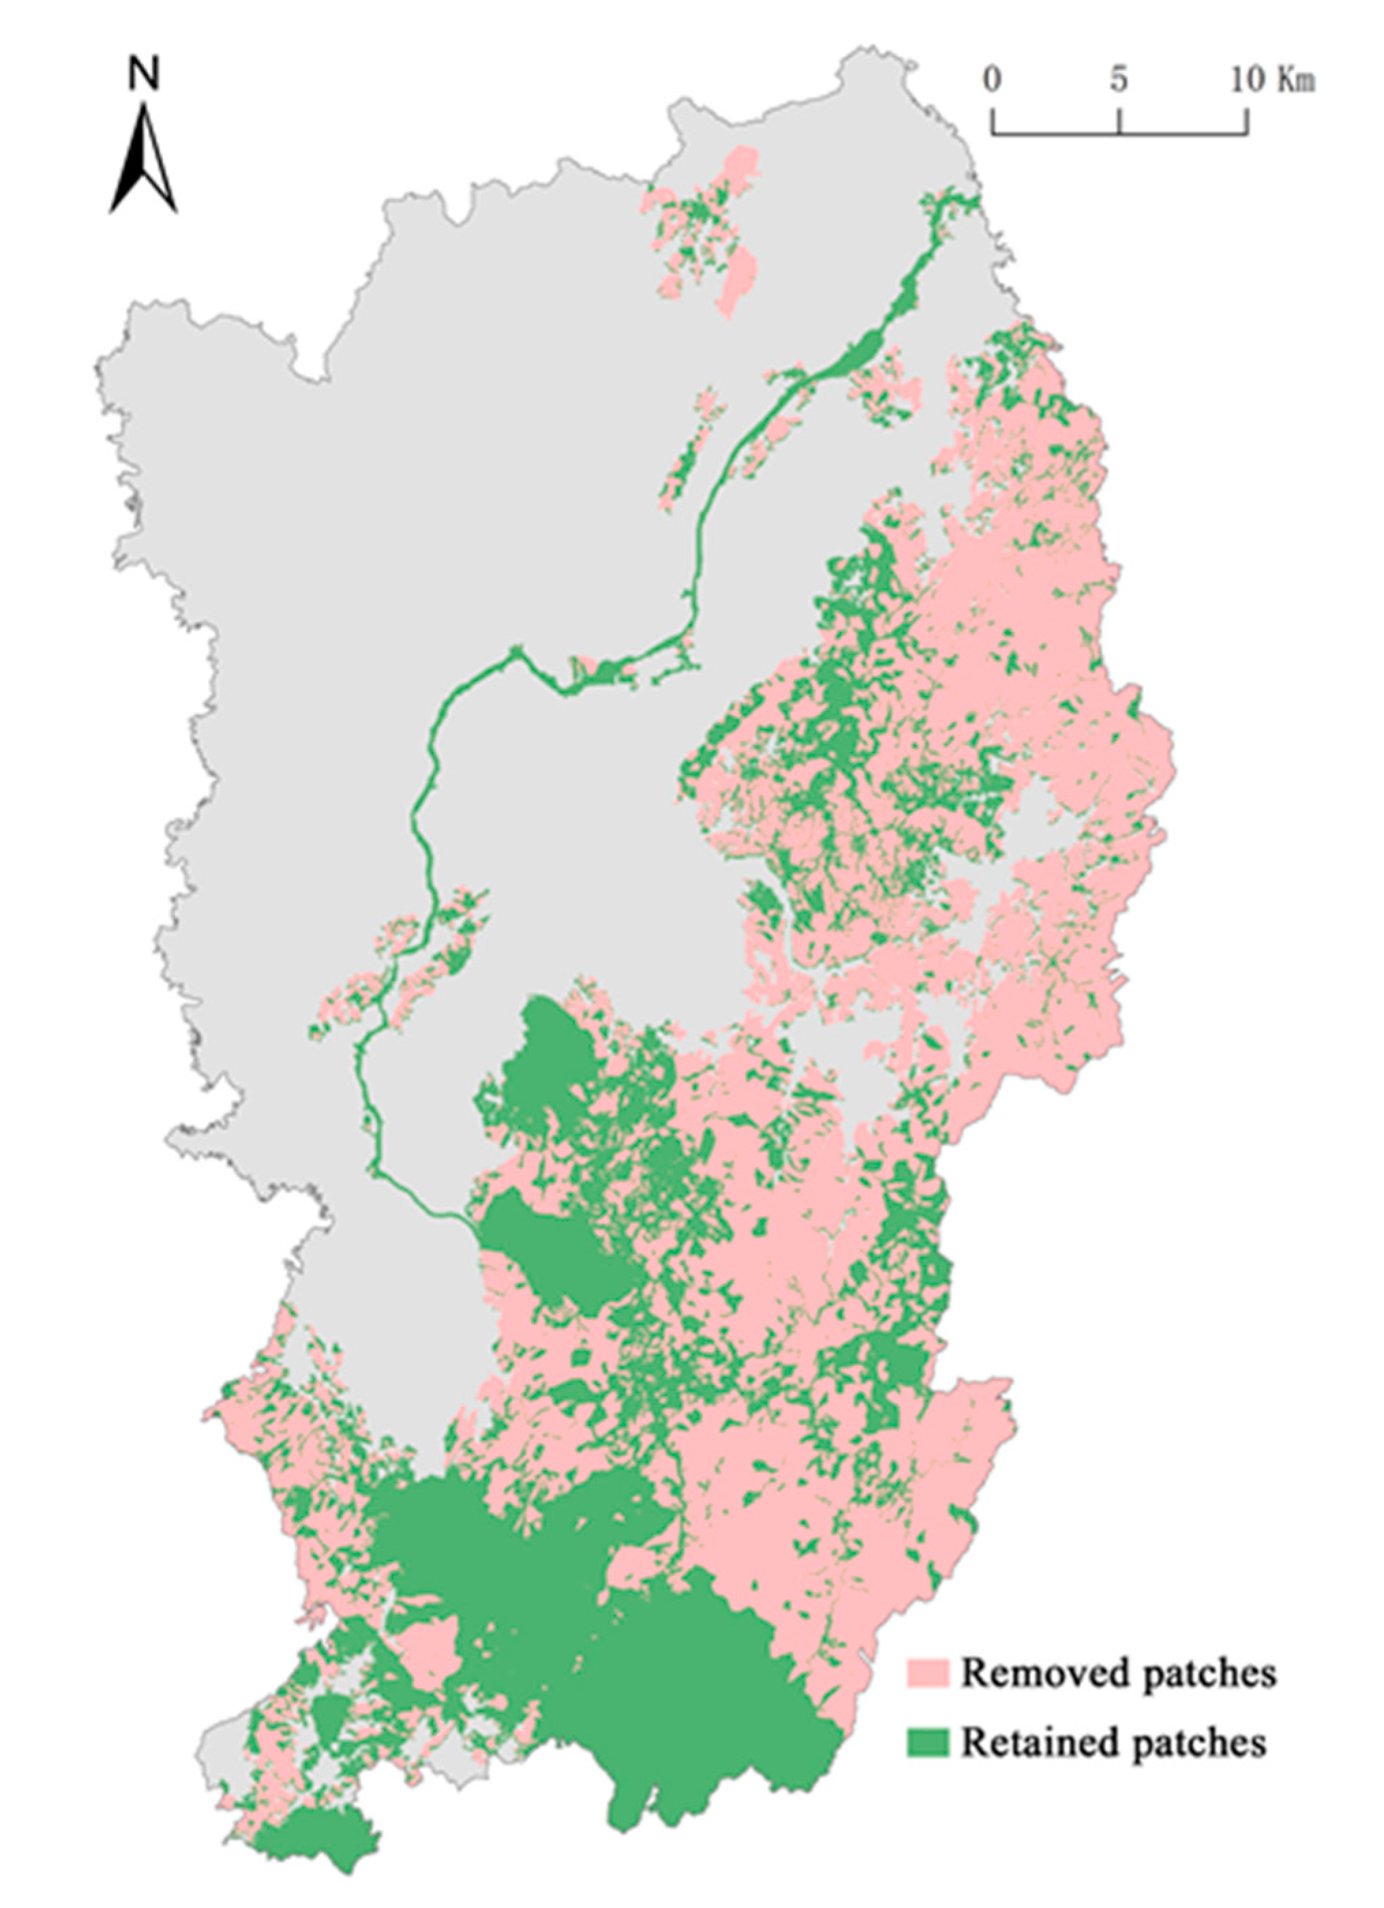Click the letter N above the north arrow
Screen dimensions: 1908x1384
click(143, 76)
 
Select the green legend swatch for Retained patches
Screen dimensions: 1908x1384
click(927, 1742)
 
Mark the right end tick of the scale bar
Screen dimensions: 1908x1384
click(1247, 122)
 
